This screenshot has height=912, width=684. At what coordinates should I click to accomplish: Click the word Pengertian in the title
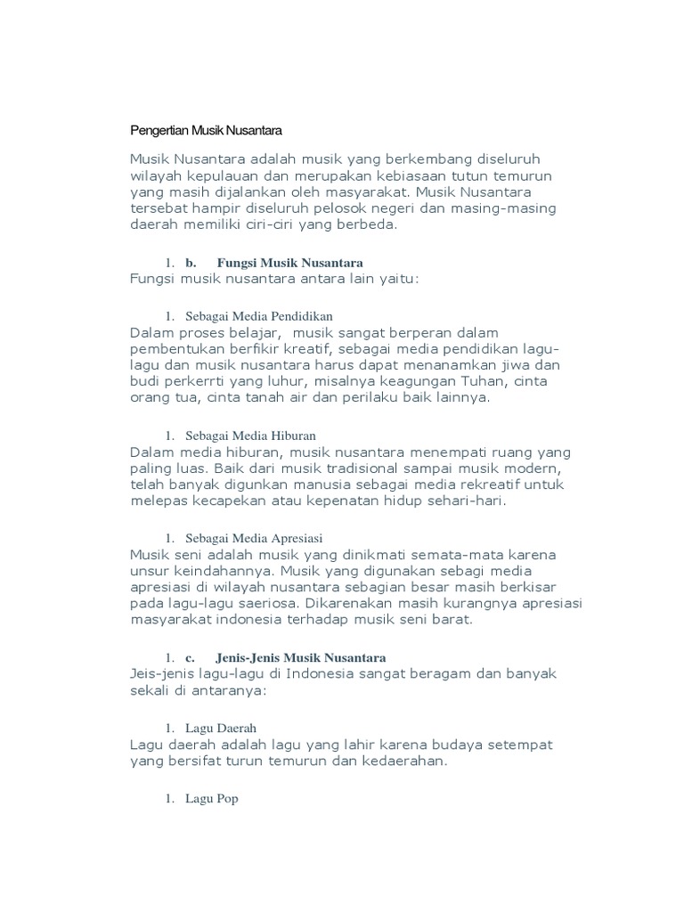(x=159, y=131)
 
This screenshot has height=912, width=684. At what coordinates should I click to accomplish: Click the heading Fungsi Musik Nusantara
(x=290, y=263)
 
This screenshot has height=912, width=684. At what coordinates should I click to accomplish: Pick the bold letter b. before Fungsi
(x=191, y=263)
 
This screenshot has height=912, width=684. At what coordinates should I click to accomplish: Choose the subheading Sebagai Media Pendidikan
(x=259, y=316)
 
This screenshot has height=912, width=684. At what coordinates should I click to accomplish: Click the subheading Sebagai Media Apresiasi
(x=253, y=538)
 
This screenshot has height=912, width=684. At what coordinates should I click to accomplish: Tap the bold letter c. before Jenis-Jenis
(x=190, y=657)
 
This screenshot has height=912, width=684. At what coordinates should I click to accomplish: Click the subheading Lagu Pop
(x=212, y=799)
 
